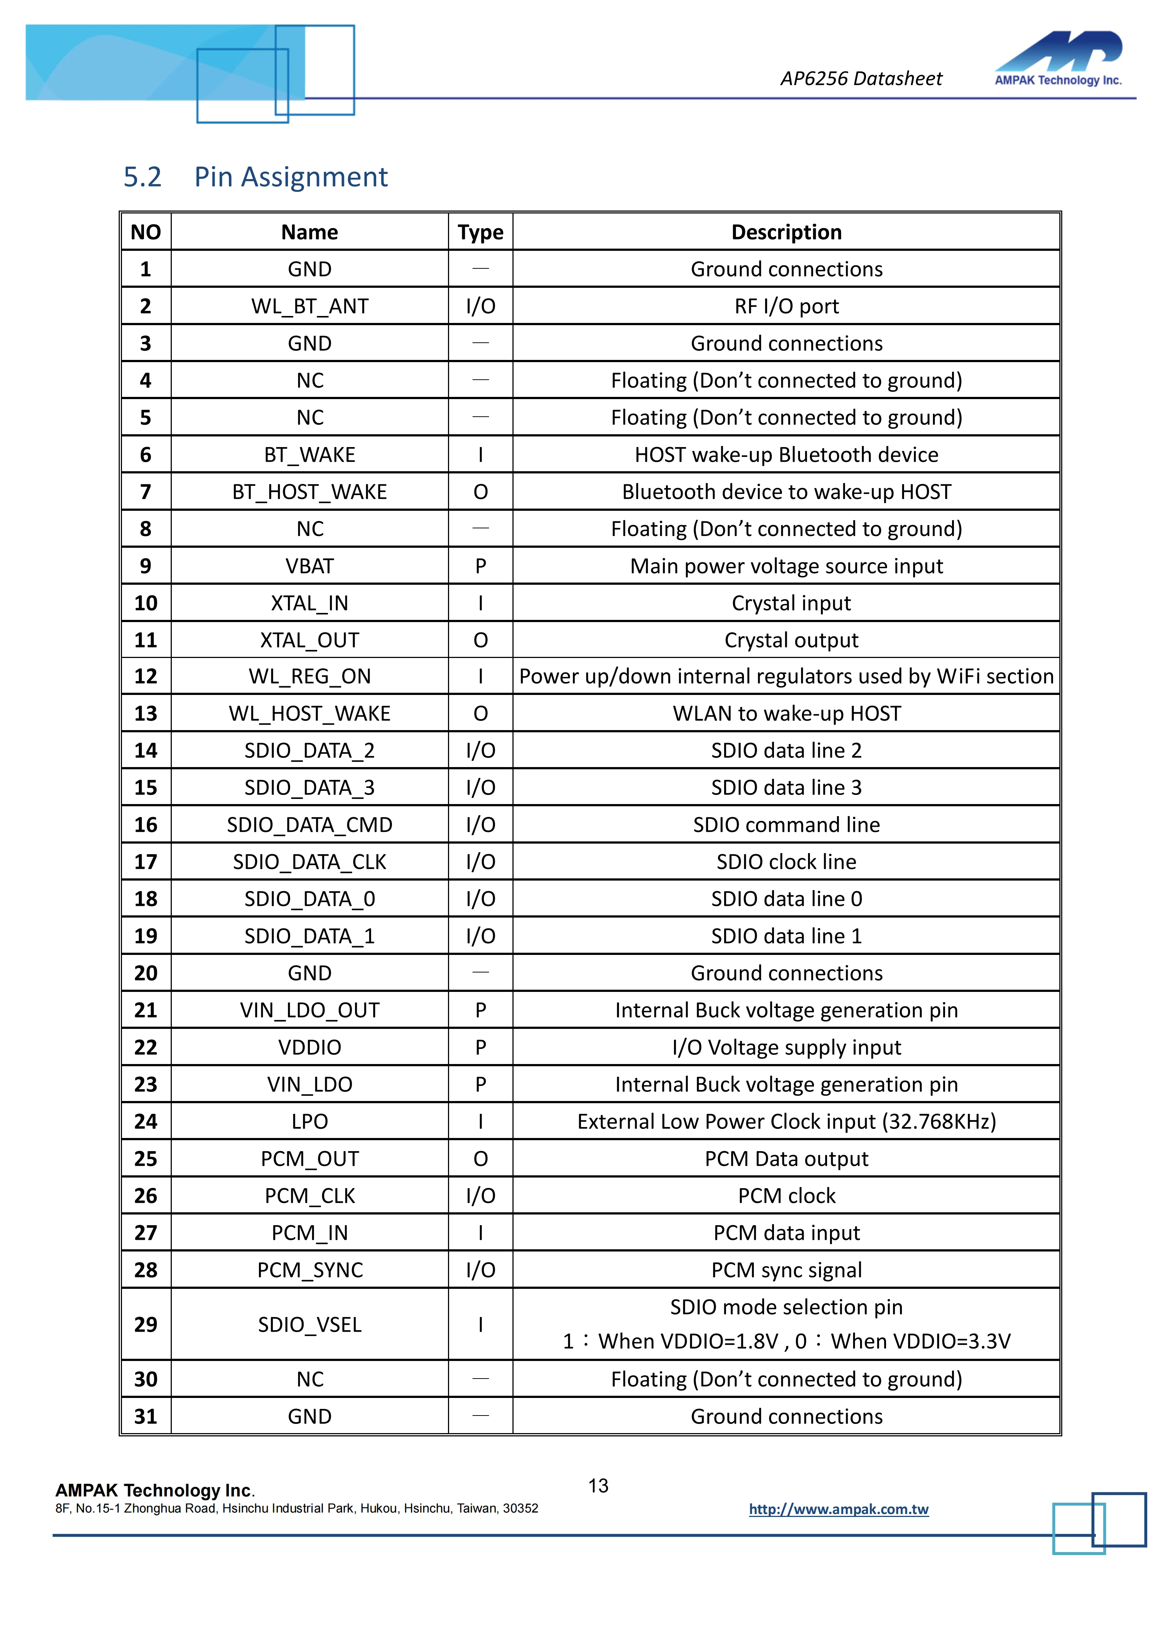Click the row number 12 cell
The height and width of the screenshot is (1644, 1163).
tap(145, 677)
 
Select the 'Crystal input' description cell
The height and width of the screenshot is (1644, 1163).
tap(790, 603)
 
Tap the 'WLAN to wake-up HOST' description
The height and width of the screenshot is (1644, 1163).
tap(786, 714)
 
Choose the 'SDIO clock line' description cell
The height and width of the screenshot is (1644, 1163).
tap(786, 862)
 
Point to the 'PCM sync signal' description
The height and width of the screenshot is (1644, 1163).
tap(786, 1270)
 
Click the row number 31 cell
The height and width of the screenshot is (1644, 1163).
tap(145, 1416)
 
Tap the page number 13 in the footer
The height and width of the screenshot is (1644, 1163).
tap(598, 1486)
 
